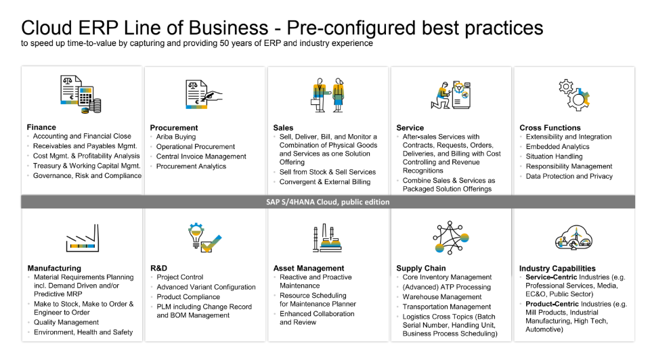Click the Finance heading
click(41, 127)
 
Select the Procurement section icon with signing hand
click(204, 95)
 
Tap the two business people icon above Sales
click(328, 95)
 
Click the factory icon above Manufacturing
click(83, 238)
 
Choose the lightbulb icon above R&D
click(204, 238)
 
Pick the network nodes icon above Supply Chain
click(451, 238)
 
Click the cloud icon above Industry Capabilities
click(573, 238)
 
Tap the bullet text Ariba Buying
click(176, 137)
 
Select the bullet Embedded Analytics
click(557, 147)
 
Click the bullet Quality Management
click(66, 322)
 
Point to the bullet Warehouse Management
click(442, 297)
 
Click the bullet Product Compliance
click(188, 297)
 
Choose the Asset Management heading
click(309, 268)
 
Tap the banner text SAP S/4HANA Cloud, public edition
click(328, 202)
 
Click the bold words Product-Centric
click(552, 304)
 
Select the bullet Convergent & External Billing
click(325, 182)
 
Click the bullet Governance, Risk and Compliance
click(87, 176)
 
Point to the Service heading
click(410, 128)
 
